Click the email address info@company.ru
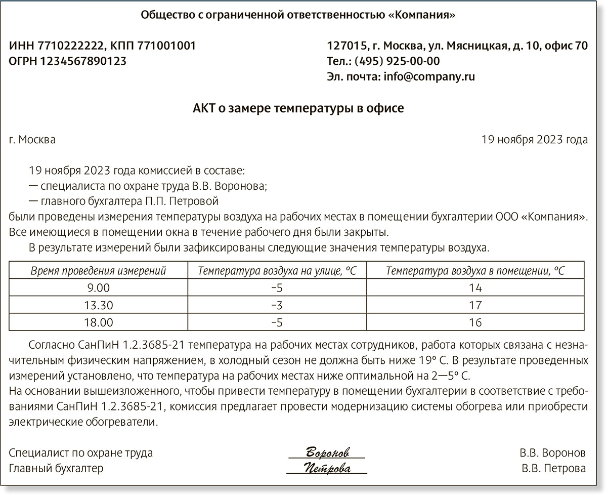click(x=429, y=77)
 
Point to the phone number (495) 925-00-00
click(x=397, y=62)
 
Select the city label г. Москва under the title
click(x=32, y=140)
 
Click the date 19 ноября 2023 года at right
click(x=535, y=140)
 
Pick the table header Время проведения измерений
click(x=98, y=271)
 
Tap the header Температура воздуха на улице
click(x=277, y=271)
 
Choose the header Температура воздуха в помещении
click(x=475, y=271)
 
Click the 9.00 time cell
click(x=98, y=288)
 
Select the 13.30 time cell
click(x=98, y=305)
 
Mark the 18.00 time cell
click(x=98, y=322)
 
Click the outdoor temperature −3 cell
click(x=277, y=305)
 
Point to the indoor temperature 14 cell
click(x=475, y=288)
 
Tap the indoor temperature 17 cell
click(x=475, y=305)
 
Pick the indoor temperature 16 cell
click(x=475, y=322)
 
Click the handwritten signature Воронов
click(x=327, y=452)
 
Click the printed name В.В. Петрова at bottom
click(x=553, y=469)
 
